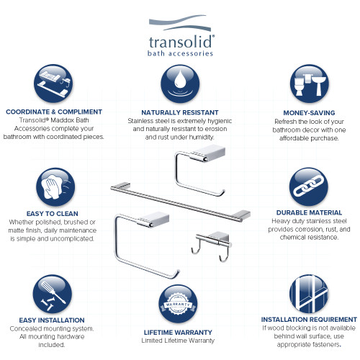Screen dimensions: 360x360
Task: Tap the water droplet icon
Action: pyautogui.click(x=179, y=84)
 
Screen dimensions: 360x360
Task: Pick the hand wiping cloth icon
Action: pyautogui.click(x=55, y=188)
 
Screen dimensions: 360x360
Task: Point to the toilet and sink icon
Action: pyautogui.click(x=310, y=84)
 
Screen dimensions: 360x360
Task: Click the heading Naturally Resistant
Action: pyautogui.click(x=179, y=112)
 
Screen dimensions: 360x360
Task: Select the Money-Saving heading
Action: pyautogui.click(x=310, y=112)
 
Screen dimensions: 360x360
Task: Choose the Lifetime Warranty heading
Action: pyautogui.click(x=179, y=331)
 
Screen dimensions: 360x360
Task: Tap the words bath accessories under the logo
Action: pyautogui.click(x=179, y=54)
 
